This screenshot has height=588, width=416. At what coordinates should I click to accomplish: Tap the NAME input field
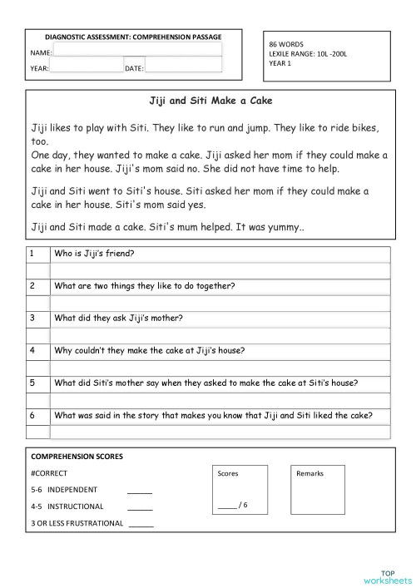point(137,51)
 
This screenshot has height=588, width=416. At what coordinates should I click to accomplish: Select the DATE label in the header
point(134,68)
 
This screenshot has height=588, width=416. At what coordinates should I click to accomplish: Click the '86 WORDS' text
point(286,42)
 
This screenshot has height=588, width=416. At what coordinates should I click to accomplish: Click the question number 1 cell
point(32,254)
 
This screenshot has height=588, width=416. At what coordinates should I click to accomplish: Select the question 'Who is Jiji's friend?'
point(94,254)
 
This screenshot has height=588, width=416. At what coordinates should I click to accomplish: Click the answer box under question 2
point(220,303)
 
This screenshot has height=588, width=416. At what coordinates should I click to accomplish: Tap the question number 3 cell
point(32,318)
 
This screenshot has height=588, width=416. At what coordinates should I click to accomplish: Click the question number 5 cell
point(32,383)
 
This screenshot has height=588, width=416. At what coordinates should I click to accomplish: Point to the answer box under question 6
point(220,432)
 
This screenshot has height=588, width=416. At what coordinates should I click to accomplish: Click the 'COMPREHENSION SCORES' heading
point(77,457)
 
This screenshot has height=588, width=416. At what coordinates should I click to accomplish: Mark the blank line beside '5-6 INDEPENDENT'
point(140,491)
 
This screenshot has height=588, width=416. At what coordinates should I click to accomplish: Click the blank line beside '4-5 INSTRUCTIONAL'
point(140,507)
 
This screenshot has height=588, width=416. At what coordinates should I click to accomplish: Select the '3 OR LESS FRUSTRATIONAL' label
point(77,523)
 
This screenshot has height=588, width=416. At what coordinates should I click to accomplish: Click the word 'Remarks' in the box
point(310,473)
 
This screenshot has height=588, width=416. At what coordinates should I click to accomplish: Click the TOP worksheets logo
point(388,576)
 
